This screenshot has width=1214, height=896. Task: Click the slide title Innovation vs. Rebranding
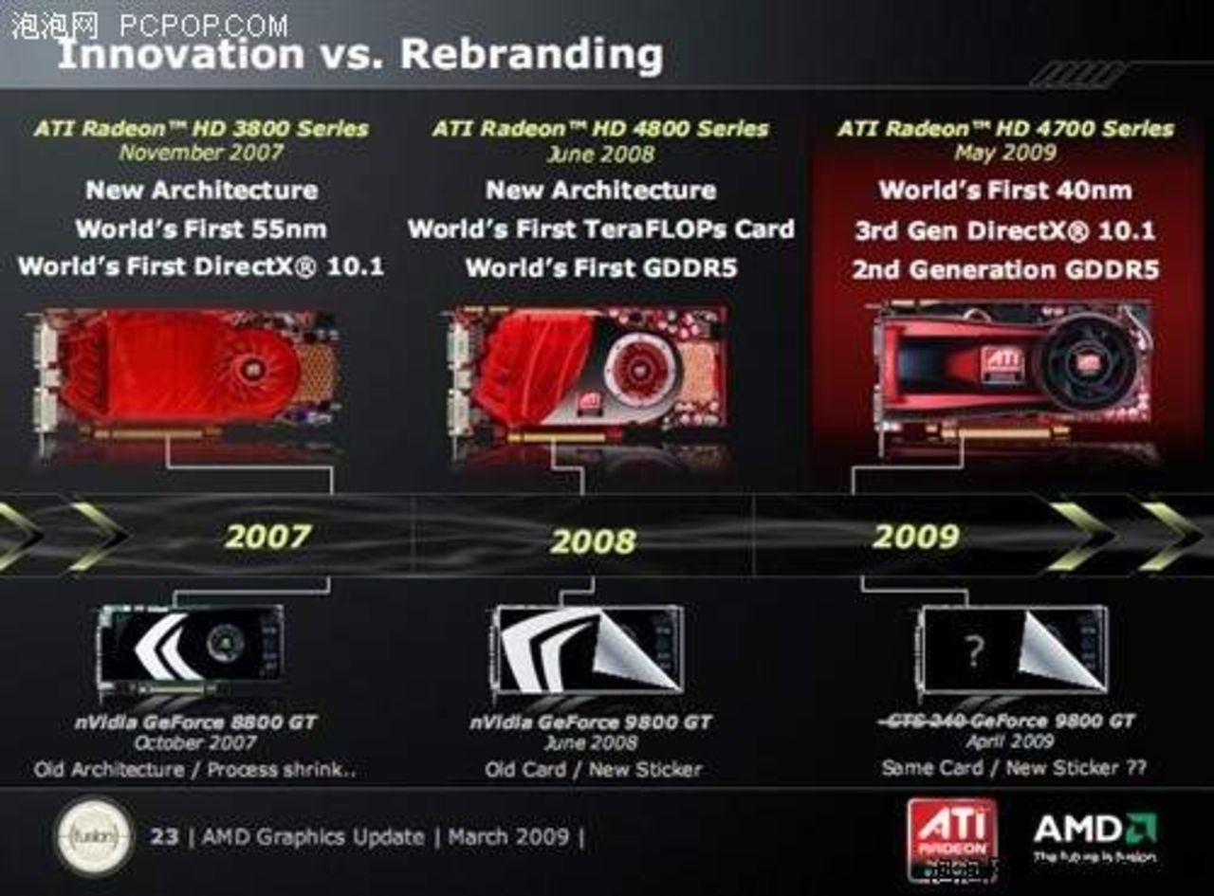tap(360, 54)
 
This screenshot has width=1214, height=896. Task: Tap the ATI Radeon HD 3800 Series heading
tap(201, 128)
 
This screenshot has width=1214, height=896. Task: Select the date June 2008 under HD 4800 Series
tap(599, 154)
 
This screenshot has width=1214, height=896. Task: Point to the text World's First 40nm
tap(1004, 190)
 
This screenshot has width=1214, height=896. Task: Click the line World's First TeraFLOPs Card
tap(600, 229)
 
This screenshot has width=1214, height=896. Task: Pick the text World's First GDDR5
tap(601, 268)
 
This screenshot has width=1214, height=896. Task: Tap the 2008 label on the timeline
tap(593, 541)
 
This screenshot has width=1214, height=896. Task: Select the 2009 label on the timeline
tap(915, 537)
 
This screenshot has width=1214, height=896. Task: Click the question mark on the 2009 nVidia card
tap(973, 650)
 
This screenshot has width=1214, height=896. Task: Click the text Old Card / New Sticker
tap(594, 769)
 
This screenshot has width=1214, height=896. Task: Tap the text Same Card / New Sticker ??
tap(1014, 767)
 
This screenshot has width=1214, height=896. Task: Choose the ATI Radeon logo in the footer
tap(951, 833)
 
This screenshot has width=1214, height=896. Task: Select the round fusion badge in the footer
tap(93, 836)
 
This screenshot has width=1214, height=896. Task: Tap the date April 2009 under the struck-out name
tap(1009, 741)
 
